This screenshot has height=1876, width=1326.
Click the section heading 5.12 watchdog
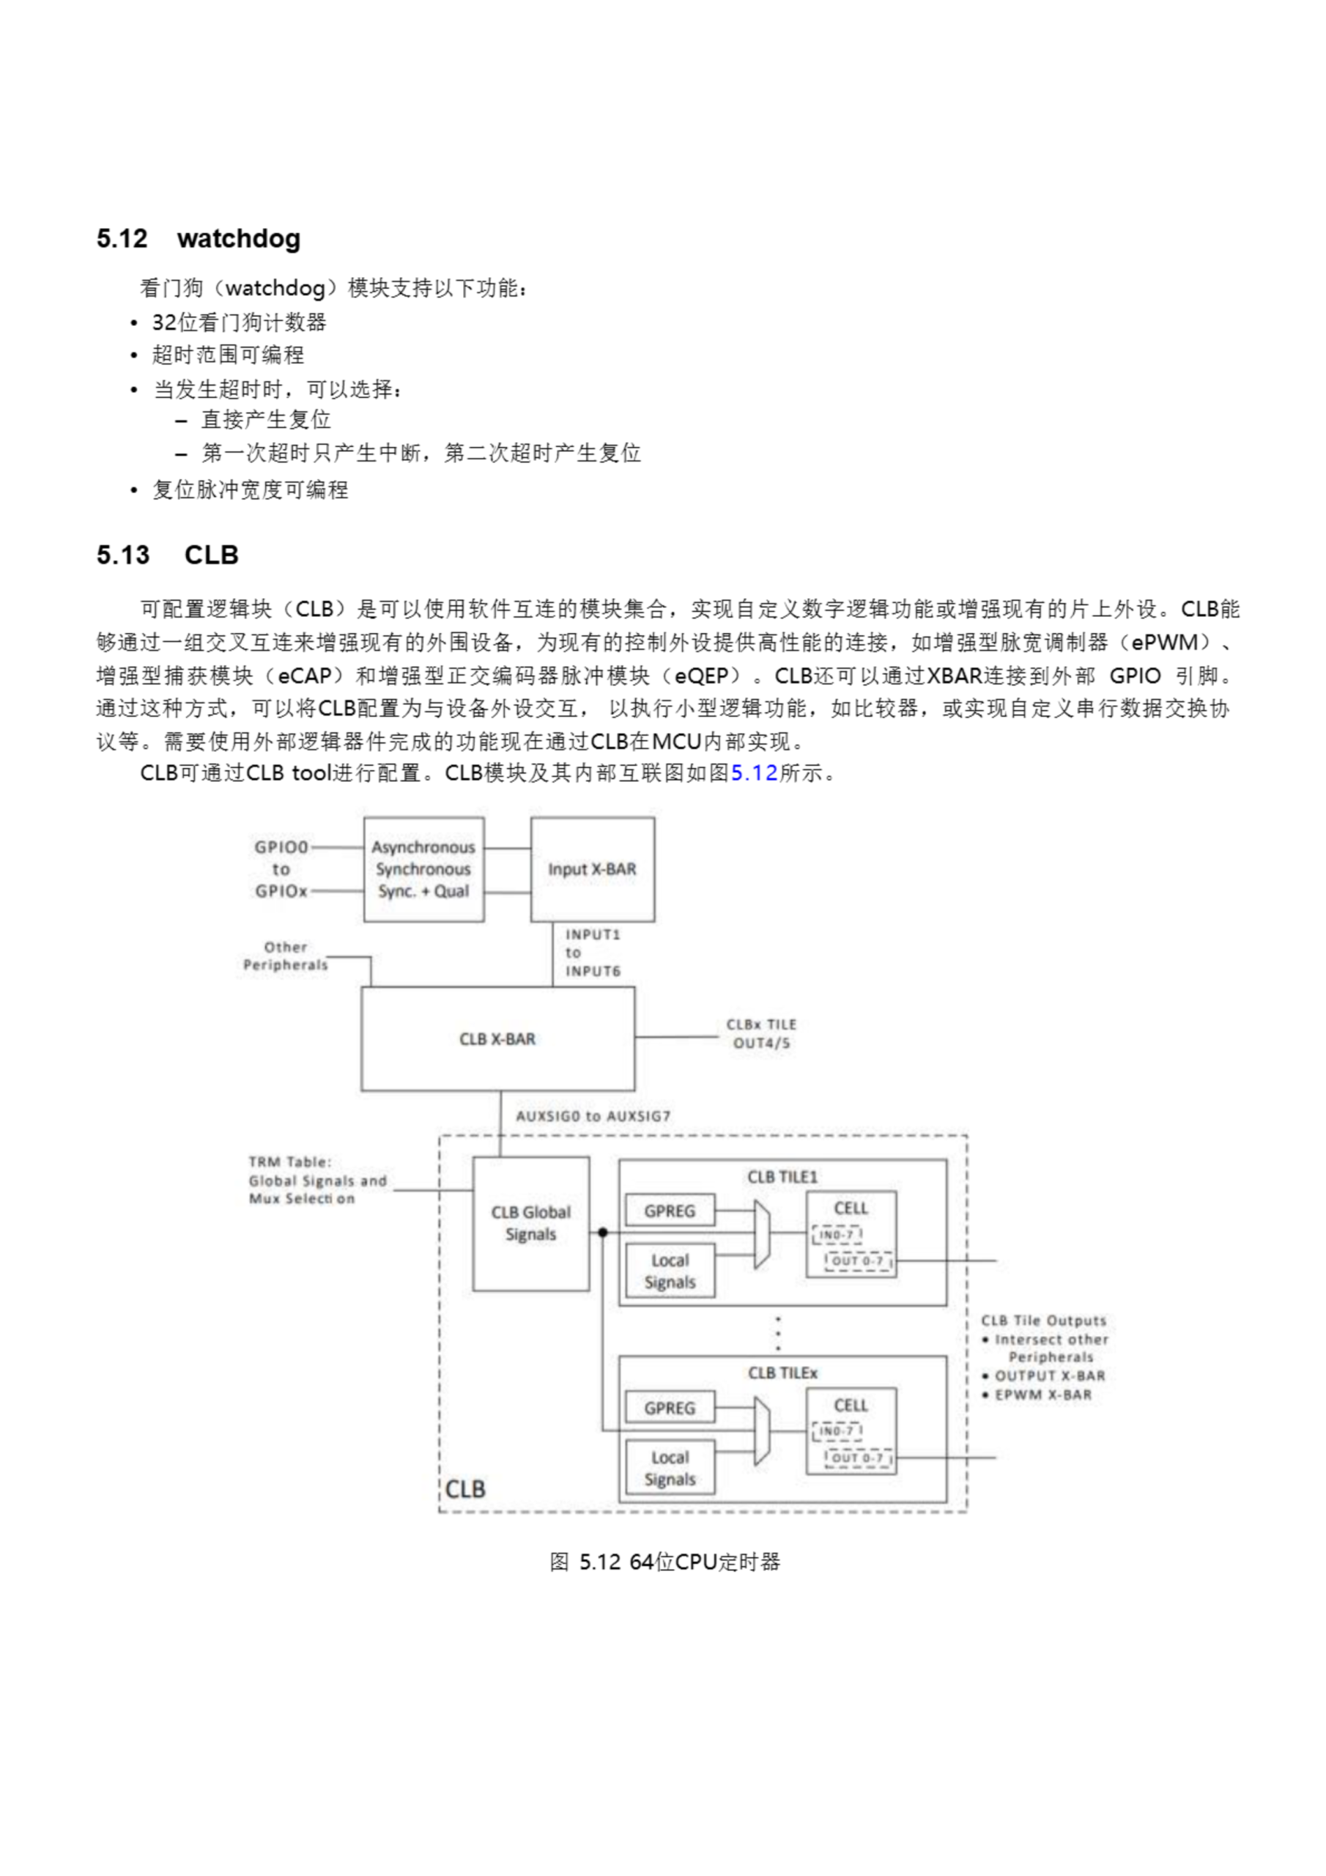(199, 239)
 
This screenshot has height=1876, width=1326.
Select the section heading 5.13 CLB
(168, 555)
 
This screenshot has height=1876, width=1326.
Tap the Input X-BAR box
(593, 869)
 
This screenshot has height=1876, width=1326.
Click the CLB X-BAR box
(497, 1038)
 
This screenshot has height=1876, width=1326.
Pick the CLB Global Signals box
(530, 1223)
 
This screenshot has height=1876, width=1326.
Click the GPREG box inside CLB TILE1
(669, 1211)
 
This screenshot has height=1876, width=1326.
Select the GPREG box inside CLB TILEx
(669, 1408)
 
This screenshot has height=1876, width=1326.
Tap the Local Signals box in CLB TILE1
(669, 1271)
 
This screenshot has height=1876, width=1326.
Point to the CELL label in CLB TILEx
(851, 1406)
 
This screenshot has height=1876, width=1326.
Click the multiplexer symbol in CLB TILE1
(761, 1234)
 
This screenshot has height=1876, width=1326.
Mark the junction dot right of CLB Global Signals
(603, 1232)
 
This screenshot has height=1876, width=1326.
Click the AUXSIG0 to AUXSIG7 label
(593, 1116)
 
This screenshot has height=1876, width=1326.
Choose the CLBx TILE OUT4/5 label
(760, 1033)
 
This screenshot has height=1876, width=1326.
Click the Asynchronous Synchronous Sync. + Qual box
(423, 869)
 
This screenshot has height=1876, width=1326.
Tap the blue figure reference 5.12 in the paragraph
(753, 773)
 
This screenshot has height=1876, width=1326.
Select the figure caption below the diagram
(664, 1562)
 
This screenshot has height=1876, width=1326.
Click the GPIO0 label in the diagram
(281, 847)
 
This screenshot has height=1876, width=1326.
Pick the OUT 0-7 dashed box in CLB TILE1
(858, 1260)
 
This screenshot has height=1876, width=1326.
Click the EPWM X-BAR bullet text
(1042, 1395)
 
